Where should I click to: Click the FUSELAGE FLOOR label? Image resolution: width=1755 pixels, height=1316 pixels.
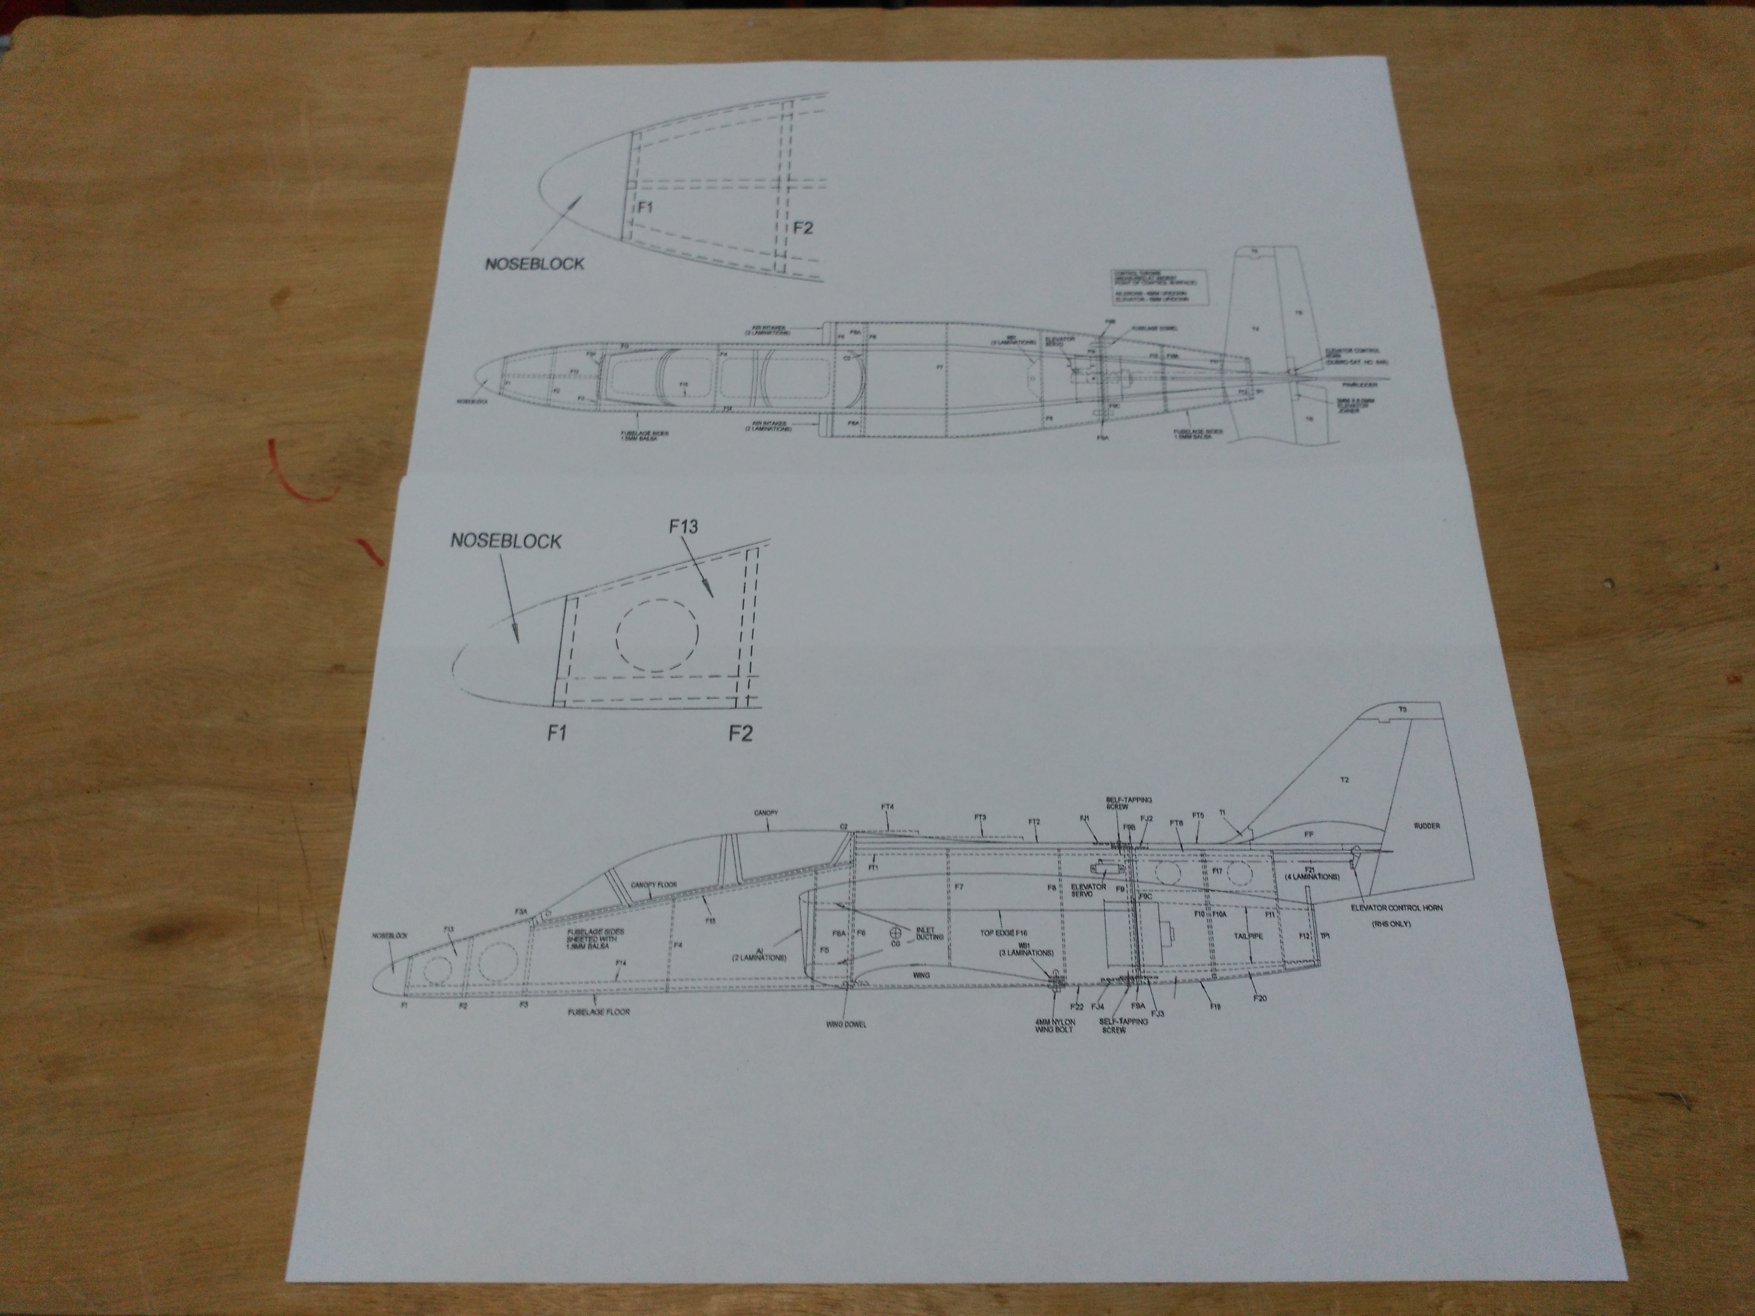(x=600, y=1013)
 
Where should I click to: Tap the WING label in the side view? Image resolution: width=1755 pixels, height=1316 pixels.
(x=921, y=974)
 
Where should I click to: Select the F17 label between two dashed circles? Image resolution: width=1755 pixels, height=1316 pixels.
(x=1217, y=870)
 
